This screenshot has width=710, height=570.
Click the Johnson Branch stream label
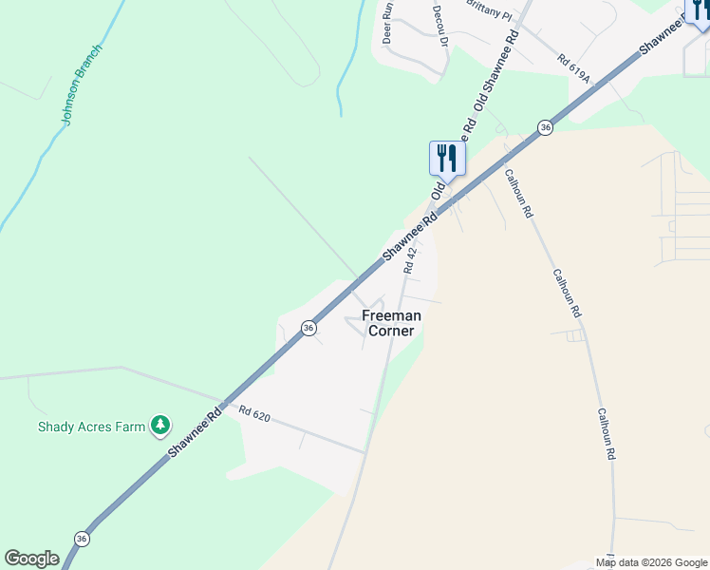coord(82,85)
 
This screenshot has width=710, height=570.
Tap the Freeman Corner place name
coord(389,323)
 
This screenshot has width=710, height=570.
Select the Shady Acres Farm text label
coord(91,427)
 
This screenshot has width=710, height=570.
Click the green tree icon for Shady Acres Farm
coord(161,426)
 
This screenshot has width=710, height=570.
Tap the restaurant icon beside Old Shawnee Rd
coord(448,158)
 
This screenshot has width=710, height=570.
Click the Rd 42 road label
coord(410,258)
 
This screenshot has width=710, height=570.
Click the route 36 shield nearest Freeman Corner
coord(308,327)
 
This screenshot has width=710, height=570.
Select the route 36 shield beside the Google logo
coord(82,539)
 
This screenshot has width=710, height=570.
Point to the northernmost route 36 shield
coord(545,127)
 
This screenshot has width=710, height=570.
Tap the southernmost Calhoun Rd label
coord(607,434)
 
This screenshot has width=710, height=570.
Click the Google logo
coord(31,558)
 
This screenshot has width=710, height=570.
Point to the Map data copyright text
coord(651,562)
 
